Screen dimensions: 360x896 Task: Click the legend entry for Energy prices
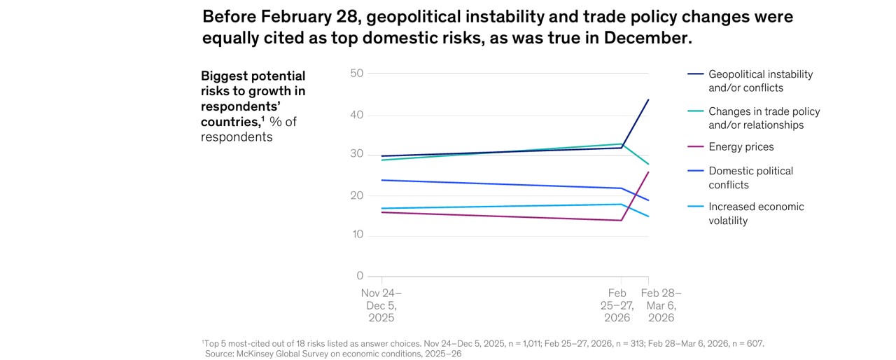click(741, 147)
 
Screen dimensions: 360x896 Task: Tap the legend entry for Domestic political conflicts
click(750, 178)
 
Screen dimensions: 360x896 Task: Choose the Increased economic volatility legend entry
click(756, 214)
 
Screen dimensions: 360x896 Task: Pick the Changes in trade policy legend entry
click(764, 118)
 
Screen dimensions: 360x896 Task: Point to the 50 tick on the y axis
click(356, 73)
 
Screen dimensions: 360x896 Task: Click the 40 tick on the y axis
click(356, 115)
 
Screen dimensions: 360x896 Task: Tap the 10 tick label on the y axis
click(356, 235)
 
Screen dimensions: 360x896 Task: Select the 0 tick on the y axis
click(360, 276)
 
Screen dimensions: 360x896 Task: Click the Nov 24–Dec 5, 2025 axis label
click(381, 305)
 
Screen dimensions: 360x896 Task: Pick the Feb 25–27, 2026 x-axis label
click(617, 305)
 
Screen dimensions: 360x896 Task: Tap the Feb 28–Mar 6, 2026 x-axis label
click(661, 305)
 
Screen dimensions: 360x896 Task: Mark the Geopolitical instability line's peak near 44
click(648, 99)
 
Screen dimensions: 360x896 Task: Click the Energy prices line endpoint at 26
click(648, 172)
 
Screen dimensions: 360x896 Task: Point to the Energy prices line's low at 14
click(622, 221)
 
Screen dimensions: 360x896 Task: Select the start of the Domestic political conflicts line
click(381, 180)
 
